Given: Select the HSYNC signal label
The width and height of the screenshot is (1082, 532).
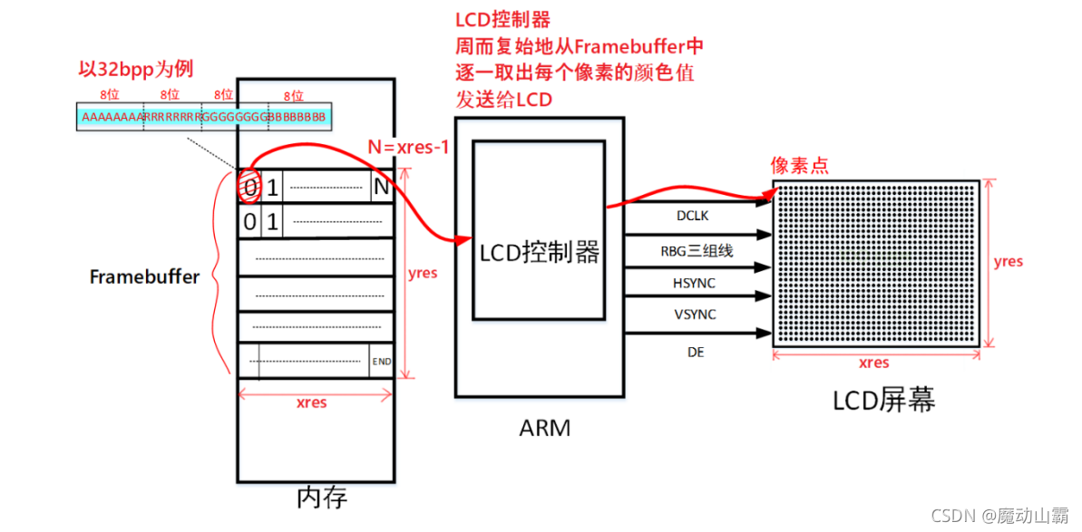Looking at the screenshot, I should tap(694, 284).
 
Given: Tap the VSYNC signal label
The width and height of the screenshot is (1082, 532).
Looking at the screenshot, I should tap(694, 314).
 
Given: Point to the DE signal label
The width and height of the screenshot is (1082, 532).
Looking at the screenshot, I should tap(695, 351).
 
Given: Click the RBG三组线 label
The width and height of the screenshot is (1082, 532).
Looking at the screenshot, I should tap(696, 252).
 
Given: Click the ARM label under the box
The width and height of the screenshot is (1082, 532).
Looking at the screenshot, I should tap(545, 427).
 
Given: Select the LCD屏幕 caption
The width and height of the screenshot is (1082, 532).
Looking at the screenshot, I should tap(883, 400).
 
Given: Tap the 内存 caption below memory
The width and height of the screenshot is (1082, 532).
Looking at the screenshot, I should tap(321, 498).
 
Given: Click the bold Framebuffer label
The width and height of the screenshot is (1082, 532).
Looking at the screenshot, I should tap(144, 277).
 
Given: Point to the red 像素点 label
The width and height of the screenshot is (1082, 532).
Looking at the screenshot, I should tap(800, 165).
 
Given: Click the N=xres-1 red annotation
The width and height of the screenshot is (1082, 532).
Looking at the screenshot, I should tap(408, 146).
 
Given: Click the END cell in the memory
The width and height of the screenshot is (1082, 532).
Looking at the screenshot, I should tap(381, 362).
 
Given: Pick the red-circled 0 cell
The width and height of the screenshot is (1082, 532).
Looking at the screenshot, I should tap(249, 188).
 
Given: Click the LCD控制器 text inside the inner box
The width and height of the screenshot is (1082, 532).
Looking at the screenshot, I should tap(540, 252).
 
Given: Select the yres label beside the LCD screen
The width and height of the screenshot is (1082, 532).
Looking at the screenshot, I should tap(1008, 262).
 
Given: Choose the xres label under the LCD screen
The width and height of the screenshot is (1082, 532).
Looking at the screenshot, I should tap(873, 363).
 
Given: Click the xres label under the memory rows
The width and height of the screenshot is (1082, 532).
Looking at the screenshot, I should tap(311, 402).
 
